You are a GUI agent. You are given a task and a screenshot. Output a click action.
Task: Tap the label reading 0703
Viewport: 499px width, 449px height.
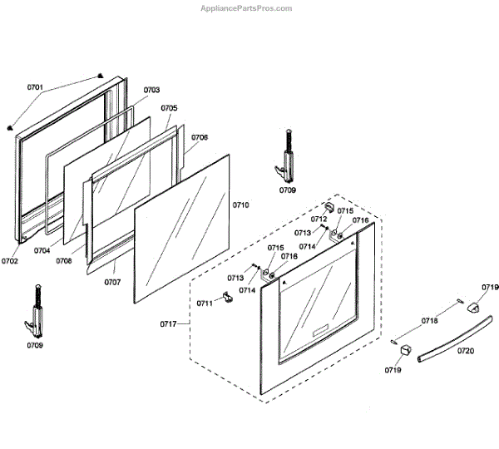tap(151, 90)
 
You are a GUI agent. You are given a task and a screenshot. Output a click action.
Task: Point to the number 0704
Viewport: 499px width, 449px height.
tap(42, 250)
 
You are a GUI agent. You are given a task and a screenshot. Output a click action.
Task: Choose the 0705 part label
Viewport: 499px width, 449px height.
tap(169, 108)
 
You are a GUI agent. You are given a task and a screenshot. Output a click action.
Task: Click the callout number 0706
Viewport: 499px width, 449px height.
tap(200, 137)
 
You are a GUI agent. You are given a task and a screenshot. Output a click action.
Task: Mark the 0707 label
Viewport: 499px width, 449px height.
tap(112, 282)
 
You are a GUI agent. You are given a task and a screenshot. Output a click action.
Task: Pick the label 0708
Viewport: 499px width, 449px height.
tap(64, 261)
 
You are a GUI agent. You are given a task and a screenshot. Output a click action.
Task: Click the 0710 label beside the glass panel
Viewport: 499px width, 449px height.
tap(240, 204)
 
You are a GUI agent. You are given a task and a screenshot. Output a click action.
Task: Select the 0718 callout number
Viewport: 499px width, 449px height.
tap(430, 320)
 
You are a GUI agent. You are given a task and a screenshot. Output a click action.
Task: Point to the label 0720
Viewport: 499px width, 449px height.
tap(466, 351)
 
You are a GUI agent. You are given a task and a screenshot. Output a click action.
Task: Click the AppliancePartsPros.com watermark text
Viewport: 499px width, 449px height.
tap(247, 8)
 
